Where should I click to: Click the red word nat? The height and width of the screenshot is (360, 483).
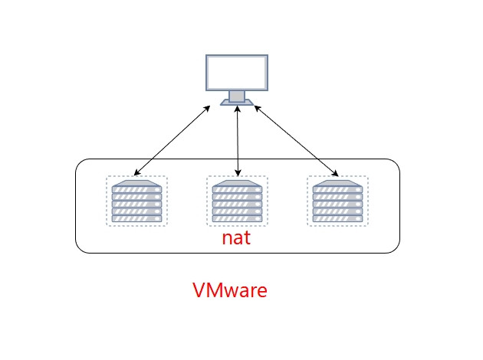tap(236, 238)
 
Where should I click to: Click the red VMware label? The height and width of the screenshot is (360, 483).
tap(230, 290)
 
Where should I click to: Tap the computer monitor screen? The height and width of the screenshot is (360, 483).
tap(237, 73)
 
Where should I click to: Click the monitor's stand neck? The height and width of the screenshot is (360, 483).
tap(237, 96)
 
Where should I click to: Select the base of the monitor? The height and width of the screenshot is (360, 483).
tap(237, 102)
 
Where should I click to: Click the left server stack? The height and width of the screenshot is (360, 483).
tap(136, 201)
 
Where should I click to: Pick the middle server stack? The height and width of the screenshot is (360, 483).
tap(237, 201)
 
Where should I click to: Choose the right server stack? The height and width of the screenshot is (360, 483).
tap(337, 201)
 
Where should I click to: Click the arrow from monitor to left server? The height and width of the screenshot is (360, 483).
tap(172, 141)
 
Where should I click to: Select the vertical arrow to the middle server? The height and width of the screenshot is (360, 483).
tap(238, 141)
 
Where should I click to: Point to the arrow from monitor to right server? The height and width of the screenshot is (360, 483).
tap(297, 141)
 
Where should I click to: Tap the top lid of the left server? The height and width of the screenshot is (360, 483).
tap(136, 183)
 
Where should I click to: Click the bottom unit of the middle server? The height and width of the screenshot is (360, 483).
tap(237, 219)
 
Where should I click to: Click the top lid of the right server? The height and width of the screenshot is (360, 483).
tap(337, 183)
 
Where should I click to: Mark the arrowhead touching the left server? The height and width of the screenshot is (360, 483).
tap(136, 173)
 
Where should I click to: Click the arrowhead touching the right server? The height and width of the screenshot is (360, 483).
tap(336, 174)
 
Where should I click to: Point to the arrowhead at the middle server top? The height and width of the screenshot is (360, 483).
tap(238, 173)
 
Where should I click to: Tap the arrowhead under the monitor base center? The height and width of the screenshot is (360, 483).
tap(237, 109)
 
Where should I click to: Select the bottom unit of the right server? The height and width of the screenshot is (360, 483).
tap(337, 219)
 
